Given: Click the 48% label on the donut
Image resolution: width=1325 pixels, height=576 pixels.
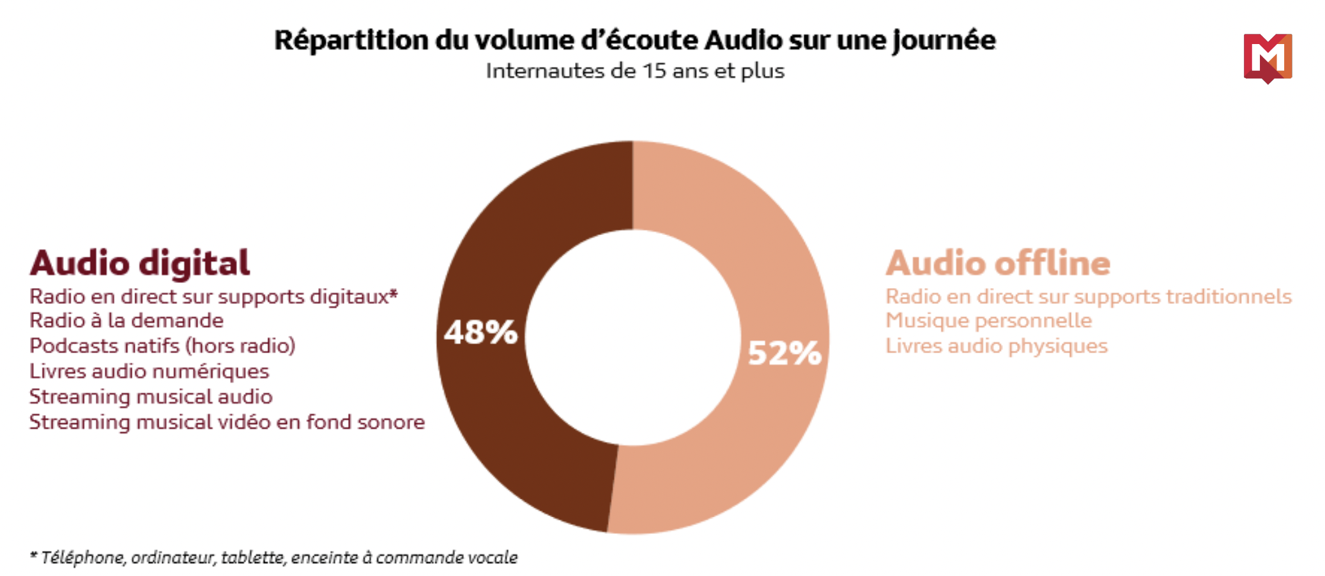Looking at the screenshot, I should click(x=480, y=332).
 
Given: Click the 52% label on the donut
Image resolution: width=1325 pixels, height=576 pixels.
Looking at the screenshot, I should click(x=784, y=352).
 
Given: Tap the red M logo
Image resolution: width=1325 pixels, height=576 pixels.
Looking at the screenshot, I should click(x=1268, y=57).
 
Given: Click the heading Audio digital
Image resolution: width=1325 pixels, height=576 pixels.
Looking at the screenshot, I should click(x=140, y=263).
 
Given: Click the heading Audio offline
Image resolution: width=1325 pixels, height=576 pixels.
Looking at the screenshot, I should click(x=998, y=263).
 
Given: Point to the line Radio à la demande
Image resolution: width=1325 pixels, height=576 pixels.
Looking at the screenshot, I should click(x=126, y=321).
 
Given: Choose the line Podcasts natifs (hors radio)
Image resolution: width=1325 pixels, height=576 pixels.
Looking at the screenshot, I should click(x=162, y=346).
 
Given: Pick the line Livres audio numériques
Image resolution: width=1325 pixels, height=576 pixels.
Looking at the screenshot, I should click(x=149, y=372).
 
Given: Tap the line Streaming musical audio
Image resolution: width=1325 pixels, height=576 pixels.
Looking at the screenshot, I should click(x=151, y=397).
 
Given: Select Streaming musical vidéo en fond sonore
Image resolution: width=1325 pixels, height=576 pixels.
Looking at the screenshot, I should click(x=227, y=423).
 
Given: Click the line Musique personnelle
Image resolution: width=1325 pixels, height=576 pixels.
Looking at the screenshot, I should click(x=988, y=321).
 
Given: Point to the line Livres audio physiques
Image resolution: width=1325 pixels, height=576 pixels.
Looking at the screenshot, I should click(x=996, y=346).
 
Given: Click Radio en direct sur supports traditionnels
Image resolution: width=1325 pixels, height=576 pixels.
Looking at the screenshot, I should click(x=1088, y=296).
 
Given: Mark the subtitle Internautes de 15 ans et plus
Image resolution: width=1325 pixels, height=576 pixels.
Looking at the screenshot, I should click(x=635, y=71).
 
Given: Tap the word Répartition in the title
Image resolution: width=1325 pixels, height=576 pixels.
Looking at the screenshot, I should click(x=351, y=40).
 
